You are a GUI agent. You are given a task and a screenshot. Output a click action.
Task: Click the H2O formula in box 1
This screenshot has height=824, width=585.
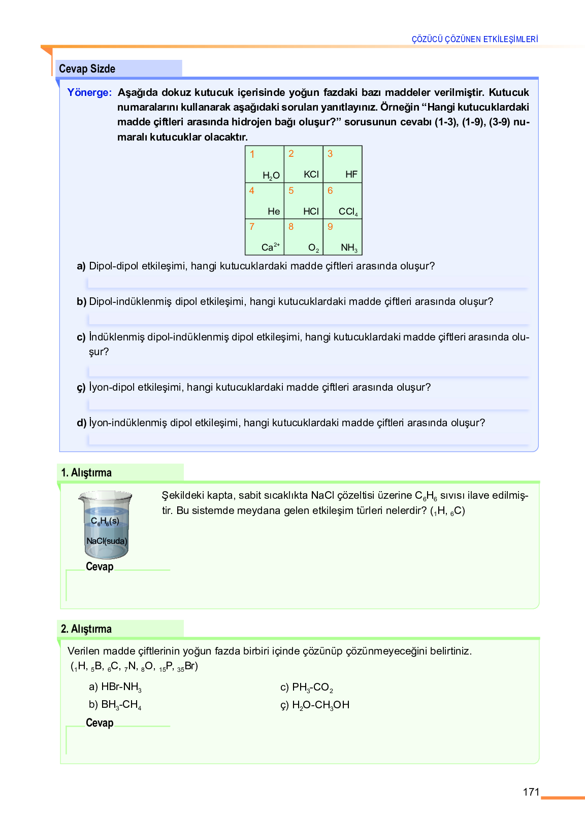[271, 176]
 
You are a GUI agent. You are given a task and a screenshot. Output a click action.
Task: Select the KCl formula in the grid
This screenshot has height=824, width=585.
[311, 175]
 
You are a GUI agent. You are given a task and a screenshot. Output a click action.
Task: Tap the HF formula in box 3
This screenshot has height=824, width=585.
[351, 175]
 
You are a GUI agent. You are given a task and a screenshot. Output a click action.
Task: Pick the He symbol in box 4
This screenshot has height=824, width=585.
[274, 212]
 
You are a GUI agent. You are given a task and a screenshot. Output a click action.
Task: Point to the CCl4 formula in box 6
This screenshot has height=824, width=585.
[348, 212]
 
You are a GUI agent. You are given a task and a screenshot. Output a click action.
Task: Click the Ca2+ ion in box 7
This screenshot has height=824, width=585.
[270, 247]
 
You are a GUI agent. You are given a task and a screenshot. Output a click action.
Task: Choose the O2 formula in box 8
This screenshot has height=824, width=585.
[314, 248]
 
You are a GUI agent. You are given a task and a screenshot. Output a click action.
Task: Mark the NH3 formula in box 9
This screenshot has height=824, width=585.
[349, 248]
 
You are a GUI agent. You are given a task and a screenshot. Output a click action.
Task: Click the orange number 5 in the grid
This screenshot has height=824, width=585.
[291, 191]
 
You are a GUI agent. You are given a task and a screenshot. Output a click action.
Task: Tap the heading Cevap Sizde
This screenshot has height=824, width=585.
[87, 69]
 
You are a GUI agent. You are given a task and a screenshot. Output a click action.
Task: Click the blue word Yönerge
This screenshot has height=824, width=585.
[89, 92]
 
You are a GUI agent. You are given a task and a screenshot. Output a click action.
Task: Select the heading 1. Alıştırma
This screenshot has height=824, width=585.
[86, 473]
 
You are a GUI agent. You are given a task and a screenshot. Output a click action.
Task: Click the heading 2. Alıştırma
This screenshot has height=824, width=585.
[86, 629]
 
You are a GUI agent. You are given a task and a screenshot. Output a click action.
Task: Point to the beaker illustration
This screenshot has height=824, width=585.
[106, 525]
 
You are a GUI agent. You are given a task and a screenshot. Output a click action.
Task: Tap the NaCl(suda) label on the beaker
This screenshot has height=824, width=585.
[107, 541]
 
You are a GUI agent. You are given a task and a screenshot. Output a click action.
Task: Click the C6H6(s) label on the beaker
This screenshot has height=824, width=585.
[105, 522]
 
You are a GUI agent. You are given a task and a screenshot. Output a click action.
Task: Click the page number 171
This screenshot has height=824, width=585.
[531, 792]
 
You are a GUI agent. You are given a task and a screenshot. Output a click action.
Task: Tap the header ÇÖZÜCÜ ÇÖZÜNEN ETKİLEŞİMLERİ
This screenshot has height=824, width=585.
[475, 39]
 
